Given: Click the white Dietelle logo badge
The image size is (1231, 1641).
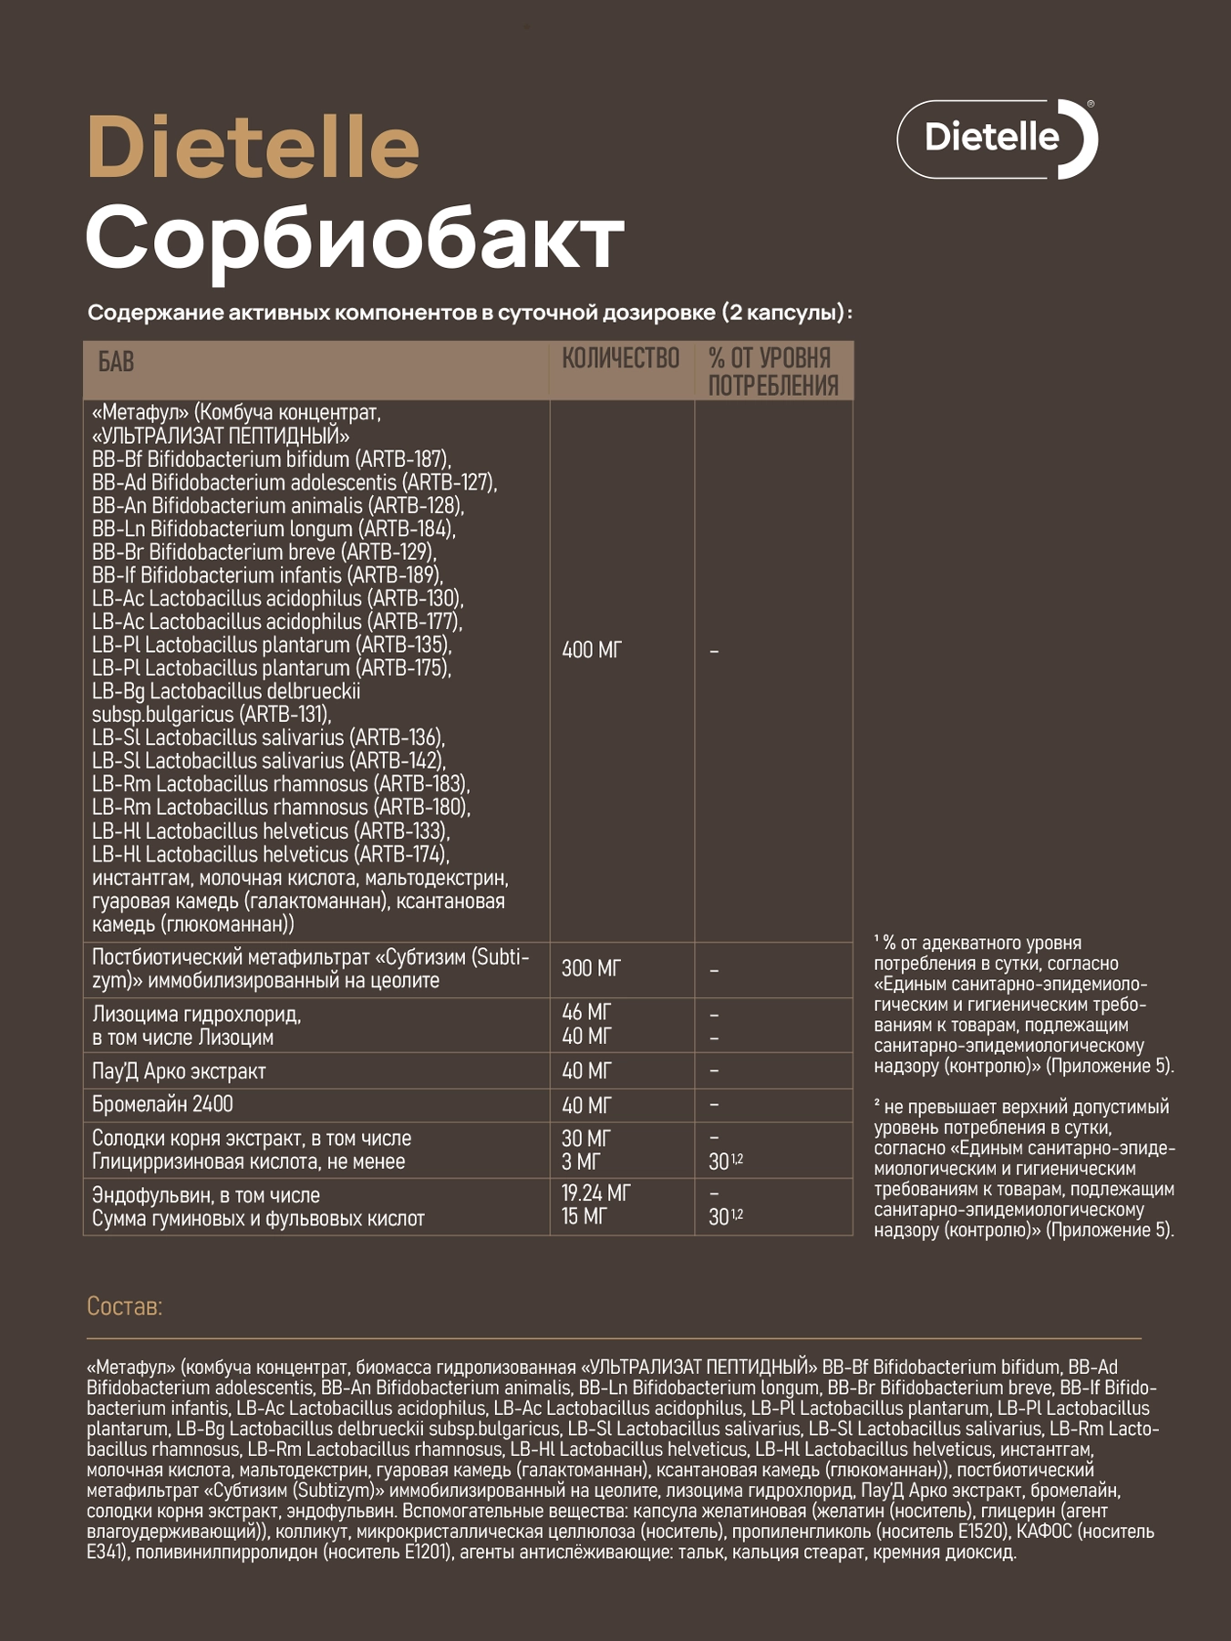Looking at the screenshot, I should [x=997, y=139].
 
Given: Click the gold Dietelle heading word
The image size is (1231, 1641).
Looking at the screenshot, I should [x=253, y=147].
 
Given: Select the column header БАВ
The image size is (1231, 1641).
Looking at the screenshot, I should [x=116, y=363].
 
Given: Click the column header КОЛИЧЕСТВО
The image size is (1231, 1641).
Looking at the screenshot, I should [x=620, y=358].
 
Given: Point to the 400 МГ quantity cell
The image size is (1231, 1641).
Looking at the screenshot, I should [x=592, y=650].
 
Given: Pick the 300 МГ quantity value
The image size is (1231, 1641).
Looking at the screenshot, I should [x=591, y=968].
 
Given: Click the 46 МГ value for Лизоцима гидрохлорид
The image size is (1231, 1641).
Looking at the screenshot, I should [x=586, y=1012].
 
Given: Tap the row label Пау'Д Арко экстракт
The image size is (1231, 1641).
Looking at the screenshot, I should [x=179, y=1071].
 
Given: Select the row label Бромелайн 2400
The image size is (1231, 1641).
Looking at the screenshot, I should [x=162, y=1104].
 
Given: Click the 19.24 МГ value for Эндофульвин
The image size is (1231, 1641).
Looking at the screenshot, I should [x=596, y=1192].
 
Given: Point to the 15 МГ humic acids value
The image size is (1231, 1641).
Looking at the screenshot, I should [x=584, y=1217].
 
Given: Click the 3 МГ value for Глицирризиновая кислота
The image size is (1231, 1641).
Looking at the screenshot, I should [x=581, y=1161].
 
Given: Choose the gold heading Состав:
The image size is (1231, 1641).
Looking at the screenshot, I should [x=124, y=1306].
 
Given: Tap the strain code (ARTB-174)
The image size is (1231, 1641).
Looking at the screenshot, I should [x=401, y=854].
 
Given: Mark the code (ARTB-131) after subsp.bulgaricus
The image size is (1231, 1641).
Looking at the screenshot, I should [x=285, y=715].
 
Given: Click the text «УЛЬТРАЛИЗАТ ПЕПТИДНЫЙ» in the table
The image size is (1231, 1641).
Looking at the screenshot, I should [x=221, y=436].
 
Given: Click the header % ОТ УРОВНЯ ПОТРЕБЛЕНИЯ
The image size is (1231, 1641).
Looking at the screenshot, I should [x=773, y=371].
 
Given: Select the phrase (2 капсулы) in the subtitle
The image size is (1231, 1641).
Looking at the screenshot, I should [x=783, y=313].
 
